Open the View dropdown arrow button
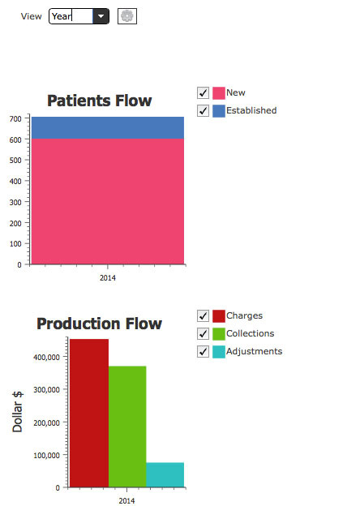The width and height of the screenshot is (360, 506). [x=101, y=16]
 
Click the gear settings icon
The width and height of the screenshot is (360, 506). [x=127, y=16]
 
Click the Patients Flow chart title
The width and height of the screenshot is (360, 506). [x=100, y=101]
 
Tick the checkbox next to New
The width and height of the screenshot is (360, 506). [x=203, y=93]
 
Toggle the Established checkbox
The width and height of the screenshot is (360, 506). [x=203, y=110]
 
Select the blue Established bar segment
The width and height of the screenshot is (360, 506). [x=108, y=128]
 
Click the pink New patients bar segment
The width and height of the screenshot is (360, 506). [x=108, y=201]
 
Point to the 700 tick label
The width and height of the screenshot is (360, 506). [x=15, y=118]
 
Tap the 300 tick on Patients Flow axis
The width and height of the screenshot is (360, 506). [x=15, y=203]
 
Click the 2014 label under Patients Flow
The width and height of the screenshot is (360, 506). [x=108, y=278]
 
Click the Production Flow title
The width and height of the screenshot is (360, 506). [x=100, y=324]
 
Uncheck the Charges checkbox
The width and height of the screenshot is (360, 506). [x=203, y=316]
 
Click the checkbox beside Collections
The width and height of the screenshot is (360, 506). [x=203, y=333]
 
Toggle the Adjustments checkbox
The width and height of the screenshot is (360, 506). [x=203, y=351]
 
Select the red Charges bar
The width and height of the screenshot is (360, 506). [x=89, y=413]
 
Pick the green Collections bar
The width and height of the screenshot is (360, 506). [x=127, y=427]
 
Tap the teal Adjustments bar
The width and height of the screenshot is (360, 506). [x=165, y=474]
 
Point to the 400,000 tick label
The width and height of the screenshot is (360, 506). [x=46, y=358]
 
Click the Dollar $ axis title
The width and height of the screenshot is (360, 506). [x=17, y=412]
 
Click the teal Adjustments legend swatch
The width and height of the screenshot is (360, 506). [x=219, y=352]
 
